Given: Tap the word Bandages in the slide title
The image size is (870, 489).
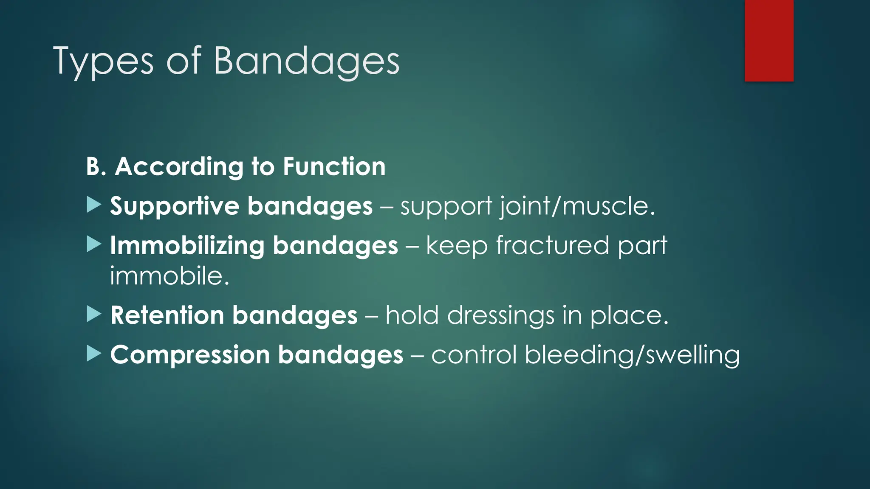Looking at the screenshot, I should click(x=306, y=62).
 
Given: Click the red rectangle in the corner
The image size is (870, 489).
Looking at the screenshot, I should click(x=769, y=40).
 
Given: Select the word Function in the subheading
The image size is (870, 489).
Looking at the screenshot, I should click(x=334, y=166).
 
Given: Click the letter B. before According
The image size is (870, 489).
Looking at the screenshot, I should click(x=96, y=166).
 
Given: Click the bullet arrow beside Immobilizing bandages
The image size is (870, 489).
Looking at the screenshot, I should click(x=93, y=244).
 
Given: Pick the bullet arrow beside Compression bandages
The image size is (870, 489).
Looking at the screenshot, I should click(x=93, y=354).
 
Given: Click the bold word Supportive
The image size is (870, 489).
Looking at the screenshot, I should click(x=175, y=206).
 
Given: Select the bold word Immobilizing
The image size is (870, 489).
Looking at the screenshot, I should click(x=187, y=246).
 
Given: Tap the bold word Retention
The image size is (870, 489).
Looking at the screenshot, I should click(x=167, y=315).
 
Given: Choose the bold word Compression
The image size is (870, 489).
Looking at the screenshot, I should click(x=190, y=355).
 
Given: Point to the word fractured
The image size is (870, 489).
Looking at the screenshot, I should click(x=552, y=246).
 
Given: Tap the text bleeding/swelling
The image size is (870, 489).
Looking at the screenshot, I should click(x=632, y=355).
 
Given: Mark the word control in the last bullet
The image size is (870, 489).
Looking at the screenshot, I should click(x=474, y=355).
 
